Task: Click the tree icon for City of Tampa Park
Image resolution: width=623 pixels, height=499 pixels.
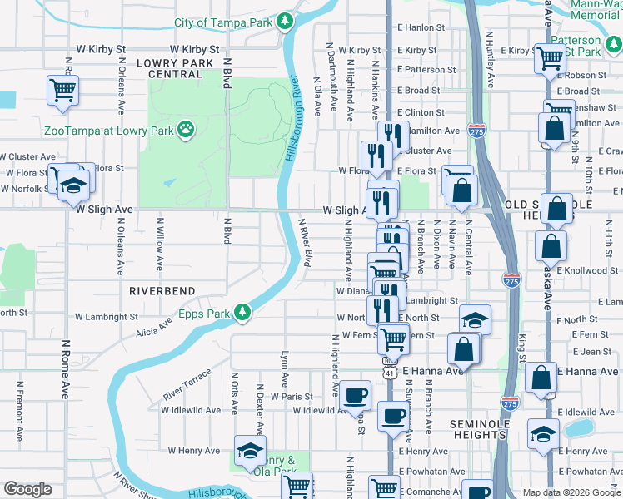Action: (285, 21)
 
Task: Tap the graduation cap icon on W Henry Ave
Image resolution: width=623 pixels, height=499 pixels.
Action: (248, 450)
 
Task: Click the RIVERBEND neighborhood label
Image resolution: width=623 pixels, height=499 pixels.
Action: (162, 291)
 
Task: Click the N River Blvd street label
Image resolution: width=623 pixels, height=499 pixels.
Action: (305, 242)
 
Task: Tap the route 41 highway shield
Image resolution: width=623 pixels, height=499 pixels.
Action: (390, 373)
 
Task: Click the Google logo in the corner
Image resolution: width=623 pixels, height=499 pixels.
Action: (28, 489)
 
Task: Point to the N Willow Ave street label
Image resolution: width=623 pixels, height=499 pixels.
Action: (159, 245)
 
